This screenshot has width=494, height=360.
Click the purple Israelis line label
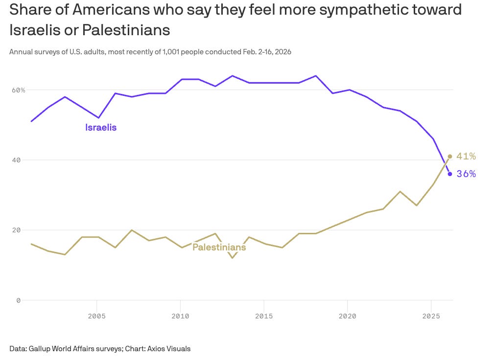101,128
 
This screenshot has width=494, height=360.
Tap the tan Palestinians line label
219,247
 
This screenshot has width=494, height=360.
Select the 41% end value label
466,157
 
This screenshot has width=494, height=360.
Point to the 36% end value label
466,174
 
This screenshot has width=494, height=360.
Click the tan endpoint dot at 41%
450,157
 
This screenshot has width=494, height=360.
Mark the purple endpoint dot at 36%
450,174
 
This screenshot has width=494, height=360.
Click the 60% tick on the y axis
19,90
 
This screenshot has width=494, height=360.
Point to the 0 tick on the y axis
18,300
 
